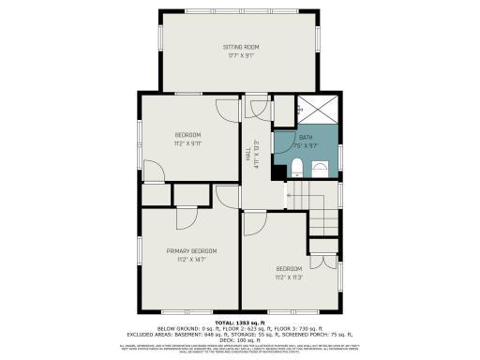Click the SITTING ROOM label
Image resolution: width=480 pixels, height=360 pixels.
[x=241, y=46]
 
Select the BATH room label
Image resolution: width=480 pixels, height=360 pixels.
[x=306, y=137]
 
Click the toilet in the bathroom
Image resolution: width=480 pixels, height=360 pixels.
[x=295, y=169]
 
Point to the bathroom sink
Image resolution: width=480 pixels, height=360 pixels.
[x=319, y=169]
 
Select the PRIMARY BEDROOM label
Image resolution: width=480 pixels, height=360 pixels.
[x=191, y=250]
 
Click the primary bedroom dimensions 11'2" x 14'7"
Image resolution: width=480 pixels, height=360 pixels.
[x=191, y=260]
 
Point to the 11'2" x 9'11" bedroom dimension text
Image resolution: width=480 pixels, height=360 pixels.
[x=188, y=144]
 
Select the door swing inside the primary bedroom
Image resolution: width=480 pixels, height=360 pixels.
[x=187, y=215]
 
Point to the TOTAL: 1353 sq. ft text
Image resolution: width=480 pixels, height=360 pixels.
[x=240, y=322]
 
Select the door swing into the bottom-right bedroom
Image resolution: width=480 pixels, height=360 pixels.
[x=253, y=225]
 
